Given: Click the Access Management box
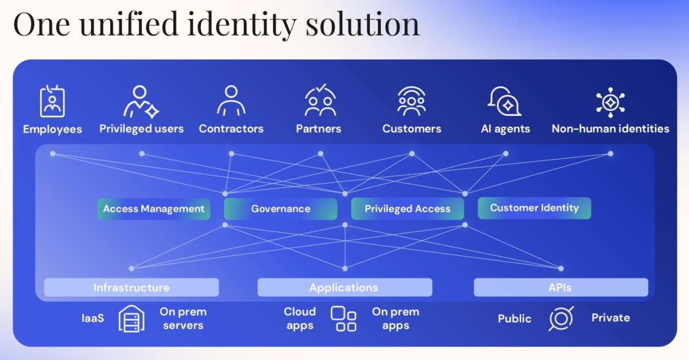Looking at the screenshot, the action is click(154, 209).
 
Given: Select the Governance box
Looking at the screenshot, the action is click(281, 209).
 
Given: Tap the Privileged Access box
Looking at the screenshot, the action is click(408, 209).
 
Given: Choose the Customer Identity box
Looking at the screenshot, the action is click(535, 208).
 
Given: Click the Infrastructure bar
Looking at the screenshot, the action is click(131, 288).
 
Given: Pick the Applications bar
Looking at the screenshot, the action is click(345, 288).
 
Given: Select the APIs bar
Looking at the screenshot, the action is click(561, 288).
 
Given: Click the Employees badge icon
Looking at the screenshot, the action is click(52, 101).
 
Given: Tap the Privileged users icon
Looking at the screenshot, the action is click(141, 102).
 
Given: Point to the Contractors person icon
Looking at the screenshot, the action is click(231, 101).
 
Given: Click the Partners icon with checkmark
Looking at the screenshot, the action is click(320, 100).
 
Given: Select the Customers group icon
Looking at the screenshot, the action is click(412, 101).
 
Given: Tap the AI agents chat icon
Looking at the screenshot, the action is click(505, 101).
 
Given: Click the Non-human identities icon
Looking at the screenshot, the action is click(610, 102).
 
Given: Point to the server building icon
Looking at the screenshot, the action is click(131, 319).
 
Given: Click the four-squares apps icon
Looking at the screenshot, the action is click(343, 319).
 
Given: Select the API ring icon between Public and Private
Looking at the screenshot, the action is click(561, 319).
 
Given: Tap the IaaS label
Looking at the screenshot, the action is click(92, 318).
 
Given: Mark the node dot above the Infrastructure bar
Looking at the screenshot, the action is click(131, 269).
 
